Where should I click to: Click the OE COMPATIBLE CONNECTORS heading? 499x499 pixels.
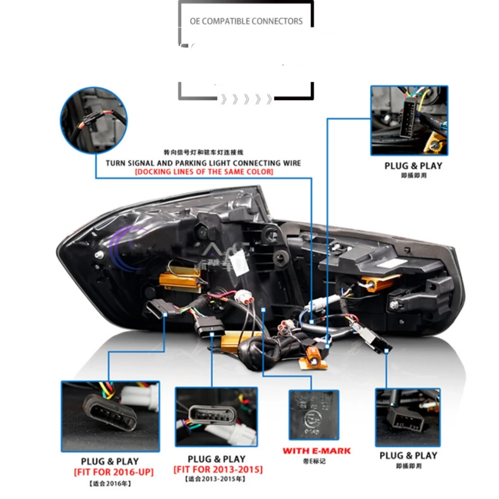246,21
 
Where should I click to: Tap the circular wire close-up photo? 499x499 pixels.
94,120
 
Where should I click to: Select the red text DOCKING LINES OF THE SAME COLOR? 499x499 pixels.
204,172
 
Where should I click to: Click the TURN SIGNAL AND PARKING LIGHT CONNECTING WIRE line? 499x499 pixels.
204,163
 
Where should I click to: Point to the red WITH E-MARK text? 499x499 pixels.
316,451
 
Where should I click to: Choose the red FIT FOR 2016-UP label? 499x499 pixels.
114,472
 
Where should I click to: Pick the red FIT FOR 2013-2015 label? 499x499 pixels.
218,470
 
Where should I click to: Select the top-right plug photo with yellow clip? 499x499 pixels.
409,120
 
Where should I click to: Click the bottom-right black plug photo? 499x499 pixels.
407,418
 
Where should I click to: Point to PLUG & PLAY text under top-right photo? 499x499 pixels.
413,166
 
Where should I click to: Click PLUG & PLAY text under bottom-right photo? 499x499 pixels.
408,456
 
